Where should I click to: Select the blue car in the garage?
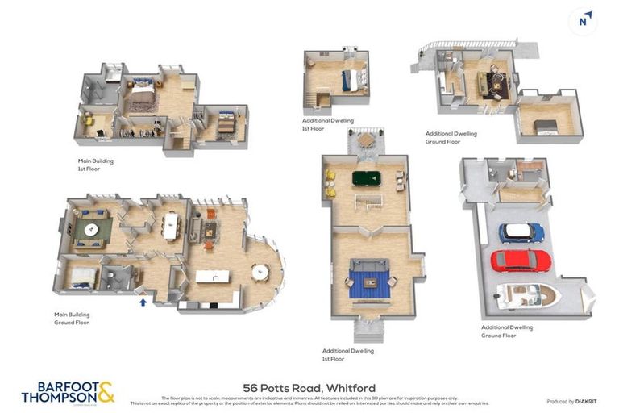pyautogui.click(x=521, y=232)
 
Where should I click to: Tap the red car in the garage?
pyautogui.click(x=521, y=261)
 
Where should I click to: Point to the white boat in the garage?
pyautogui.click(x=528, y=294)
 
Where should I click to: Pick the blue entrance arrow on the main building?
pyautogui.click(x=143, y=302)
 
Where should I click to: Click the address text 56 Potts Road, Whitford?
pyautogui.click(x=309, y=388)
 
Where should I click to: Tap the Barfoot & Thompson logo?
pyautogui.click(x=68, y=392)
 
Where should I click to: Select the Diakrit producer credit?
pyautogui.click(x=571, y=401)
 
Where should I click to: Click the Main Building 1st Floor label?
pyautogui.click(x=95, y=164)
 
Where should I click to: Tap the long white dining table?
pyautogui.click(x=170, y=226)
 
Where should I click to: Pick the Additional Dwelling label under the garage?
pyautogui.click(x=506, y=331)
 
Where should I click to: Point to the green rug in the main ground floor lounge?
pyautogui.click(x=92, y=231)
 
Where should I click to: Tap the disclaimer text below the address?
pyautogui.click(x=309, y=400)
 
